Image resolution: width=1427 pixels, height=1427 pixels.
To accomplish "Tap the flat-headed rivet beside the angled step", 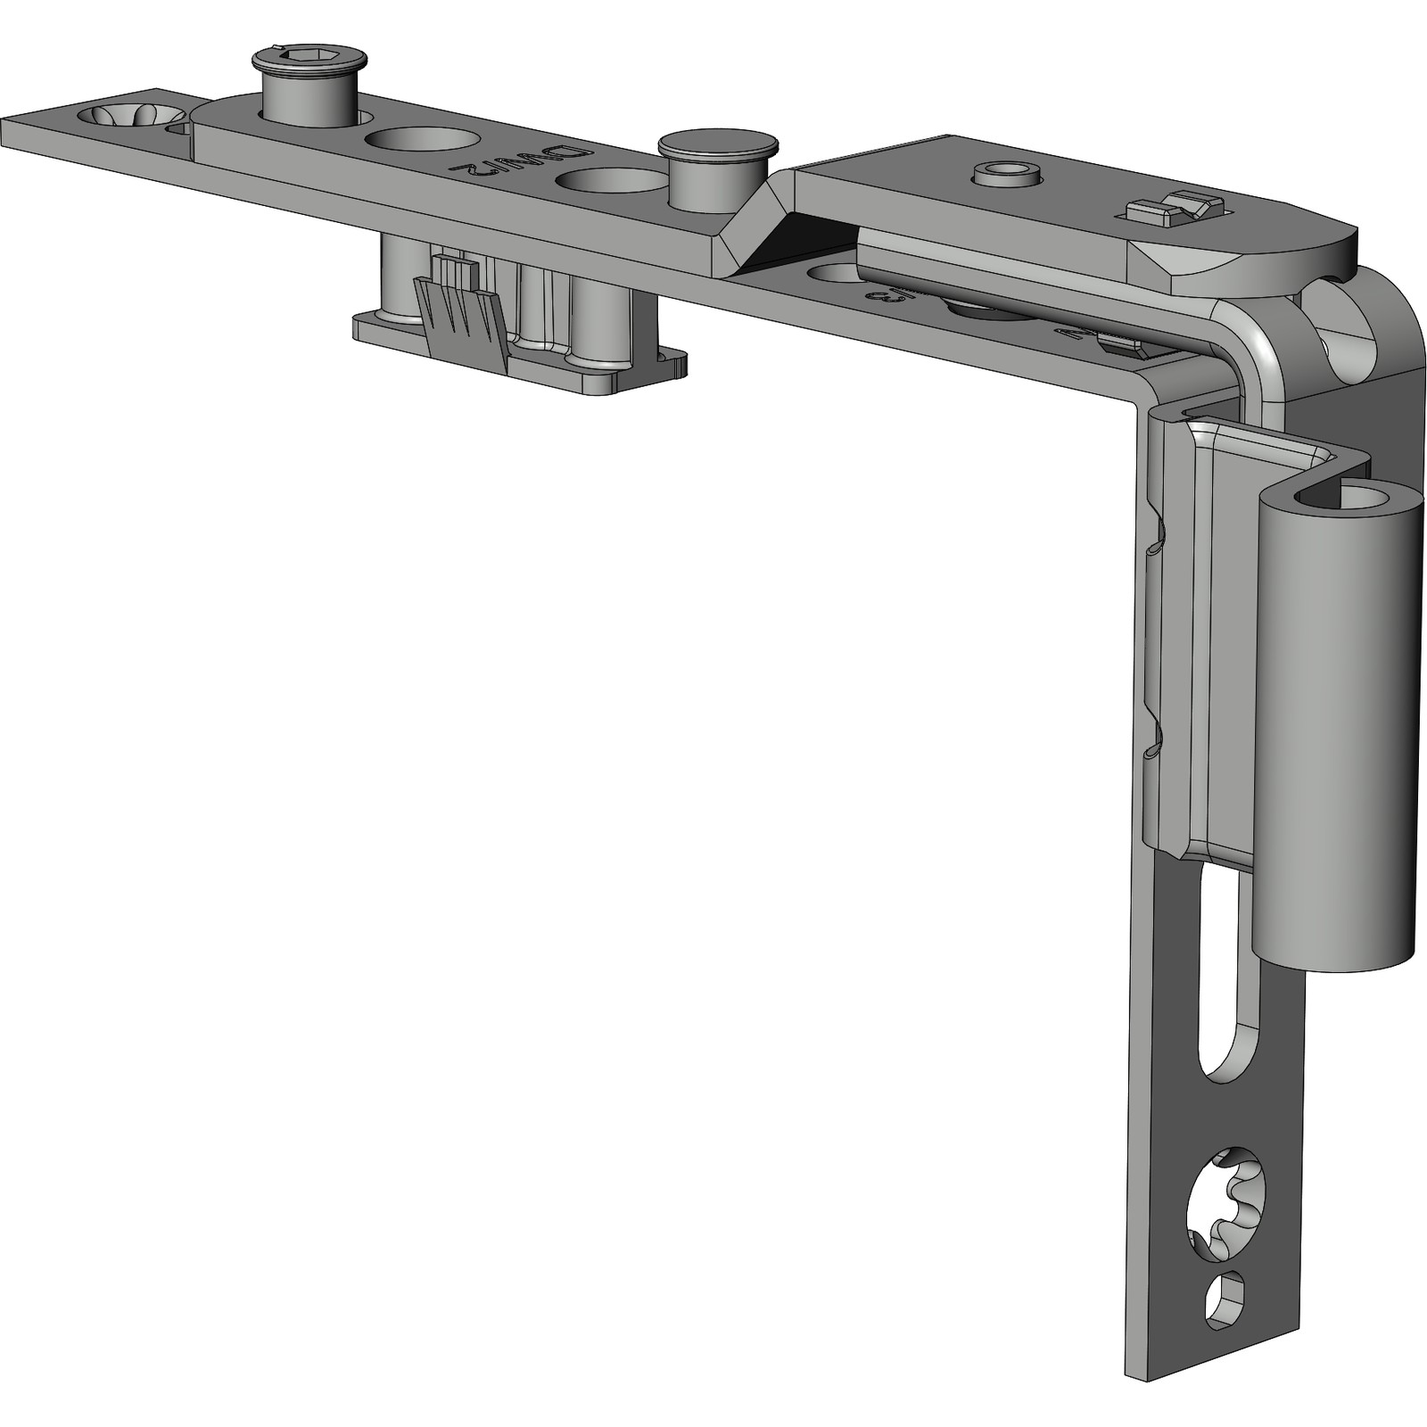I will click(x=718, y=144).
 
